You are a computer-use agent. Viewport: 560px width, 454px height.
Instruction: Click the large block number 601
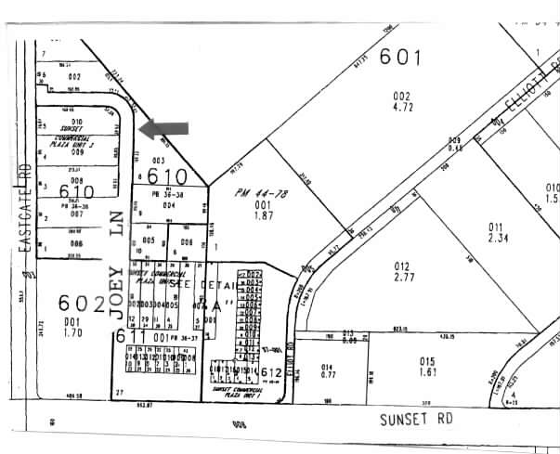(x=399, y=58)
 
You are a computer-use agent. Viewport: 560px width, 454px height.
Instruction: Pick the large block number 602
(x=78, y=303)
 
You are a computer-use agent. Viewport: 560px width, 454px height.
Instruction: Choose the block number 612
(x=271, y=373)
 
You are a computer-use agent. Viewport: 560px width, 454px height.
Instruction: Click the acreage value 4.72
(x=401, y=108)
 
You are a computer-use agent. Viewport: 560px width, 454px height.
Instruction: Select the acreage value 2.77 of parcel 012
(x=402, y=278)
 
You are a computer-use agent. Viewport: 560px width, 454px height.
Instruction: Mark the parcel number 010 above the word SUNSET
(x=78, y=122)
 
